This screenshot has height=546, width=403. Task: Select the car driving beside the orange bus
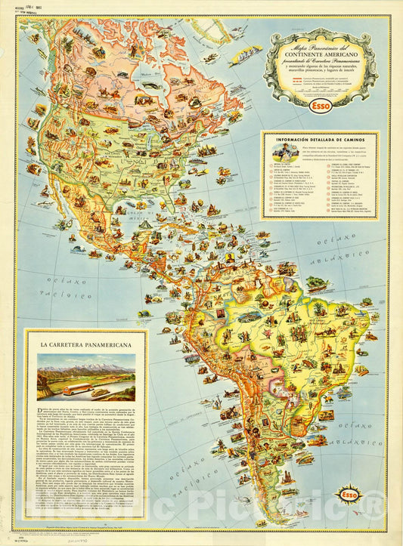(x=100, y=393)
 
